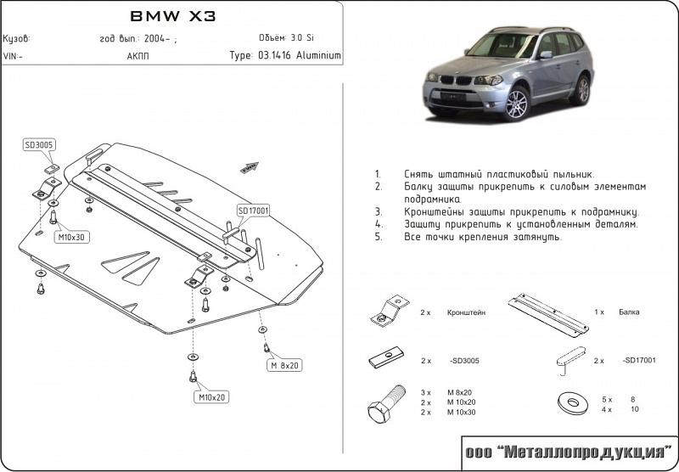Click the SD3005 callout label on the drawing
[x=39, y=145]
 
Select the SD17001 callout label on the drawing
[x=253, y=210]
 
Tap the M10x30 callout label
[x=70, y=236]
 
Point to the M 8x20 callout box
[x=285, y=366]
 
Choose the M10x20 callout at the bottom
[x=213, y=396]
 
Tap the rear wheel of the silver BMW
[x=580, y=88]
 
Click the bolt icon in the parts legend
[x=383, y=403]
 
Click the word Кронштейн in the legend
[x=466, y=312]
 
